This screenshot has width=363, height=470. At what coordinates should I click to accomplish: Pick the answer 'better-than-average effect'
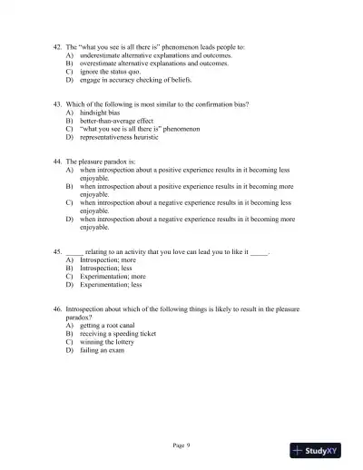(119, 121)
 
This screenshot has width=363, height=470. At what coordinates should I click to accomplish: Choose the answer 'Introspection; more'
(108, 259)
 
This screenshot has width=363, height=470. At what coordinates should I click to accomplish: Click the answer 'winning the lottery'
(113, 341)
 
